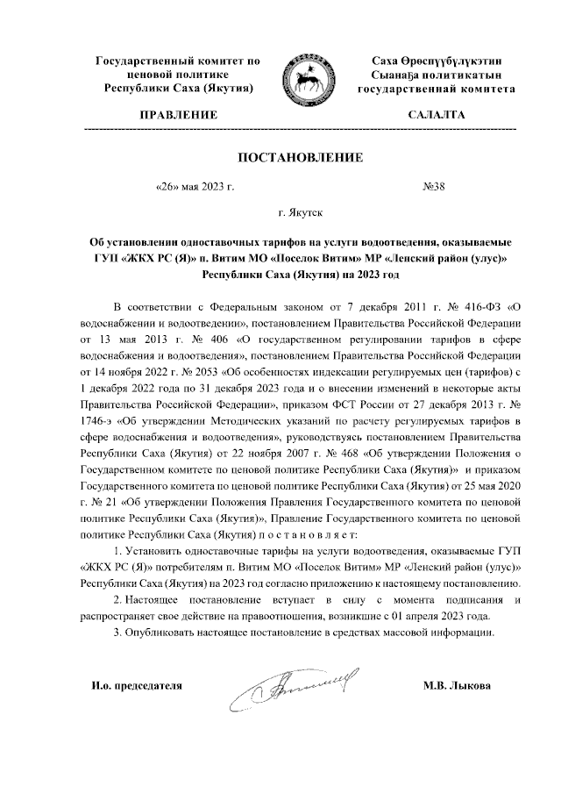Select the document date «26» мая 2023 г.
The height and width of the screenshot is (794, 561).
coord(194,186)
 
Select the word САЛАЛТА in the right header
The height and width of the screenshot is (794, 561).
coord(436,115)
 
